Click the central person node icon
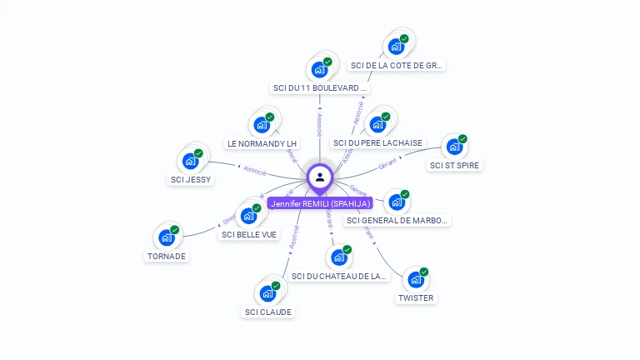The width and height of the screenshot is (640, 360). pos(320,177)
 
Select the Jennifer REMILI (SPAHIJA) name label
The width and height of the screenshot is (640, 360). pos(320,203)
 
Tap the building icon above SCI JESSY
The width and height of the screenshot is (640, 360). pos(191,161)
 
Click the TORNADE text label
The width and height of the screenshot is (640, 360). pos(167,256)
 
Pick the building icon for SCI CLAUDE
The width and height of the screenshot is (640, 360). pos(267,293)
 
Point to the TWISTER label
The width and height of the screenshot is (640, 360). pos(415,297)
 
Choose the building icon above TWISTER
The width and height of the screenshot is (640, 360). pos(416,279)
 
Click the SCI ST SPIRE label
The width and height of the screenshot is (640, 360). pos(455,165)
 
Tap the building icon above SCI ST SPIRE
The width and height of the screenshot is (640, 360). pos(454,147)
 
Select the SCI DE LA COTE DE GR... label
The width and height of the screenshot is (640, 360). pos(397,65)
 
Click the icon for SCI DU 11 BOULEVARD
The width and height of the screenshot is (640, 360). pos(319,69)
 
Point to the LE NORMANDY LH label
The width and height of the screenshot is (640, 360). pos(262,143)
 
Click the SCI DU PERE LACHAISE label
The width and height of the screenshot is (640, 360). pos(377,142)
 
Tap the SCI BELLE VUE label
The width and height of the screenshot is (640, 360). pos(249,234)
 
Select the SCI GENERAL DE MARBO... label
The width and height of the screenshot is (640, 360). pos(397,221)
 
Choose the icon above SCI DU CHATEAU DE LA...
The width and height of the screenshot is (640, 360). pos(339,257)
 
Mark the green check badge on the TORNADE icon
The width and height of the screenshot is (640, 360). pos(175,230)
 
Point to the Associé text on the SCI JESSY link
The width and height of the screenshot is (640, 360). pos(255,169)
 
